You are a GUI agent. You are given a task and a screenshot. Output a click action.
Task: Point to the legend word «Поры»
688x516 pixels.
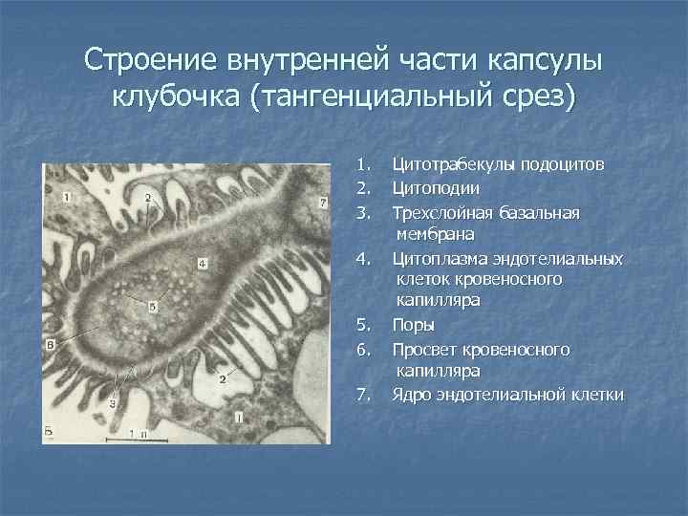(x=413, y=324)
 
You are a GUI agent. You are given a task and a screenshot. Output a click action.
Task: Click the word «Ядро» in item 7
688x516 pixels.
(x=411, y=394)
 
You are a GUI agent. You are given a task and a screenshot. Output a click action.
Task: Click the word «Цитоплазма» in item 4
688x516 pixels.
(x=439, y=258)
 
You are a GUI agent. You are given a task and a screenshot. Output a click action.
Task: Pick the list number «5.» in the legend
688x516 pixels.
(x=361, y=324)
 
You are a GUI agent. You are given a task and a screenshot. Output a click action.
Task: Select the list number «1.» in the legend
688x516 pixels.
(x=361, y=165)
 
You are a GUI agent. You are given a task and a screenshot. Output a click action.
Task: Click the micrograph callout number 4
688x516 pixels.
(x=203, y=262)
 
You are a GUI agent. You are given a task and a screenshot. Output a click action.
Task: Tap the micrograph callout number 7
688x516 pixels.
(x=323, y=203)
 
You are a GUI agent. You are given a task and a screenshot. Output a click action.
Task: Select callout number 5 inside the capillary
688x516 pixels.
(x=153, y=305)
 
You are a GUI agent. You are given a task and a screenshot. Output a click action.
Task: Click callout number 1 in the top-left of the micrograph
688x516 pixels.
(x=66, y=196)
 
